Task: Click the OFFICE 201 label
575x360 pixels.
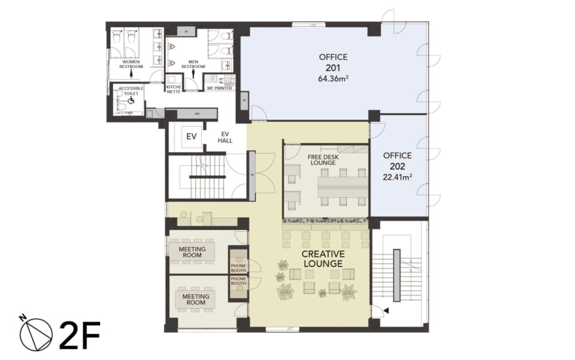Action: [x=333, y=62]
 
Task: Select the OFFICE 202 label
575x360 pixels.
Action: [x=397, y=161]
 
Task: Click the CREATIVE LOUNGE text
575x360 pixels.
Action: [x=323, y=258]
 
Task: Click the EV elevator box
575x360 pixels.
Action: [x=191, y=137]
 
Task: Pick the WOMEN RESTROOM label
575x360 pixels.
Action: [x=131, y=64]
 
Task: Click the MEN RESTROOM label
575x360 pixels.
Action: [x=193, y=64]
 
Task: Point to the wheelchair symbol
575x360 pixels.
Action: [x=130, y=101]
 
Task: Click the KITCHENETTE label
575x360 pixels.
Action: [x=173, y=89]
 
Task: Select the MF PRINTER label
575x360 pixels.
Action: [x=220, y=88]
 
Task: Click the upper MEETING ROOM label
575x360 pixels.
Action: [x=192, y=252]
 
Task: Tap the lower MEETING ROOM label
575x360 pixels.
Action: [x=192, y=299]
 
